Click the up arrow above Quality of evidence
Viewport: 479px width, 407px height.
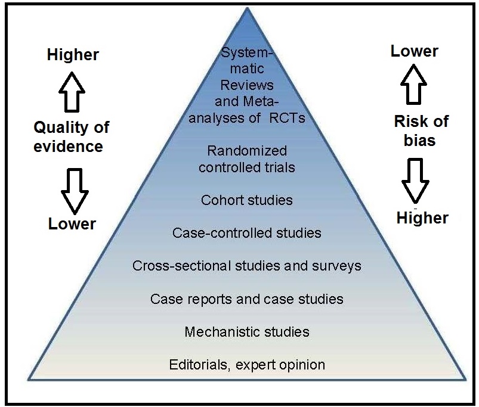tap(72, 91)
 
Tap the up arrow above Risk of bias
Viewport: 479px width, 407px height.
tap(413, 85)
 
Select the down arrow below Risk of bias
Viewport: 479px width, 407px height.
tap(417, 181)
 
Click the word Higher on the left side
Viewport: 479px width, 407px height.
tap(73, 55)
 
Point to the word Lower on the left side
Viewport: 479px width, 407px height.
tap(72, 223)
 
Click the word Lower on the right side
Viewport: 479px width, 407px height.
tap(414, 51)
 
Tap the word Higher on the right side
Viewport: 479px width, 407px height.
tap(422, 218)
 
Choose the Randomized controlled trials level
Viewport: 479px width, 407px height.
tap(246, 159)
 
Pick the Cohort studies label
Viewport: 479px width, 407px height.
tap(247, 200)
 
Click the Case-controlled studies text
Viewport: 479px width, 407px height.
tap(246, 232)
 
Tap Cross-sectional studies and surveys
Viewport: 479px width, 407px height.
tap(246, 265)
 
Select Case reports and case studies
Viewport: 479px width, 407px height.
tap(246, 298)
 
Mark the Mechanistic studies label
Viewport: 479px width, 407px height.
tap(246, 331)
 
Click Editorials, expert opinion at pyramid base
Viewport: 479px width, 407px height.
tap(246, 364)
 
